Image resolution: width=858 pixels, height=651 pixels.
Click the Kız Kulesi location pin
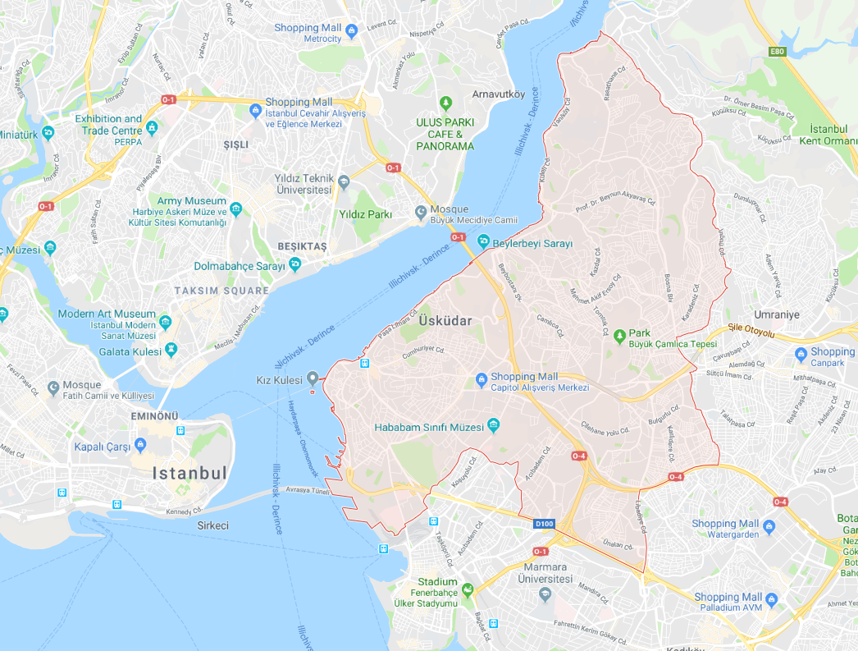[x=312, y=378]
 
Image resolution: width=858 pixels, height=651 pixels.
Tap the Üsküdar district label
[x=445, y=321]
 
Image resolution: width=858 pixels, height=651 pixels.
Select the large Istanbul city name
[x=189, y=473]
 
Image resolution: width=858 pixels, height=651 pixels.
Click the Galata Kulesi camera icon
[x=171, y=351]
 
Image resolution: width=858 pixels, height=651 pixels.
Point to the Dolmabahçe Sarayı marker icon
[x=295, y=264]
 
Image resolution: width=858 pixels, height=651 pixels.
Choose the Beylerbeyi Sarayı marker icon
[x=483, y=243]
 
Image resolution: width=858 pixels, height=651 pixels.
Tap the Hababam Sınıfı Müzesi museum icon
[x=493, y=425]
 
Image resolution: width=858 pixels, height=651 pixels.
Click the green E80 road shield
[x=778, y=52]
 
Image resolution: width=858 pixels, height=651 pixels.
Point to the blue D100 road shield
[x=543, y=523]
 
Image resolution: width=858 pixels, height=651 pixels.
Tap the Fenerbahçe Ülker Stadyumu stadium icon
[x=467, y=589]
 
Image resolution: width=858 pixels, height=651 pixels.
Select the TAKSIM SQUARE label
[x=221, y=291]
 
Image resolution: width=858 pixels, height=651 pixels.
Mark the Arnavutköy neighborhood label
[x=499, y=94]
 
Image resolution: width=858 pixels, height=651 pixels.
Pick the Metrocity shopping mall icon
[x=352, y=32]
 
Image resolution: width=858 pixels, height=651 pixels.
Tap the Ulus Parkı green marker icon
[x=445, y=103]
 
